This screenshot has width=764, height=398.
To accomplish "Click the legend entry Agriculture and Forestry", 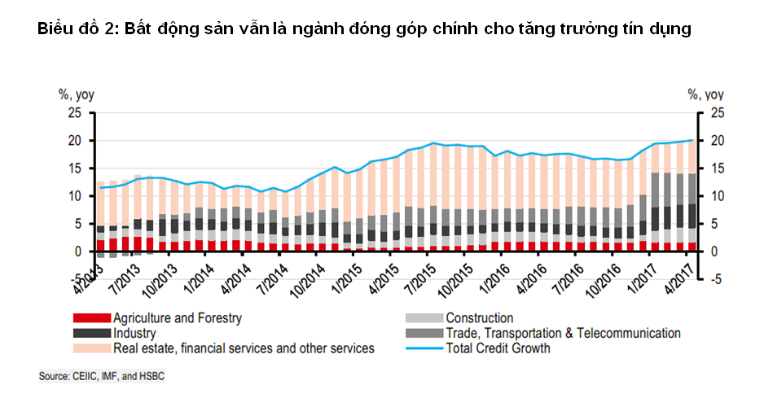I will coord(177,317).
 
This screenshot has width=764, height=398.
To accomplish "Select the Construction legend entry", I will coord(479,317).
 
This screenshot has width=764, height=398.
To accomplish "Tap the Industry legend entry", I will coord(134,333).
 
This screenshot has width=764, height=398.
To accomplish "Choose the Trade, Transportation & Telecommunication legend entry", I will coord(563,333).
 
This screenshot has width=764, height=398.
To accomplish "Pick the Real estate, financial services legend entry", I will coord(244,348).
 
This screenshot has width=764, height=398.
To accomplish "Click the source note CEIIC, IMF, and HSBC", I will coord(101,377).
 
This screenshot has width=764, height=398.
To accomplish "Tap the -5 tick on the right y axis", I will coord(714,279).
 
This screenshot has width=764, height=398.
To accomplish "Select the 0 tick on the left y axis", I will coord(77,251).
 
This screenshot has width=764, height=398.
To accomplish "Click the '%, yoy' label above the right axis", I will coord(705,94).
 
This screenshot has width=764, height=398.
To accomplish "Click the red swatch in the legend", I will coord(91,317).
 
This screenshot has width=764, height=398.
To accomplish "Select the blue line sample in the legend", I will coord(424,348).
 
